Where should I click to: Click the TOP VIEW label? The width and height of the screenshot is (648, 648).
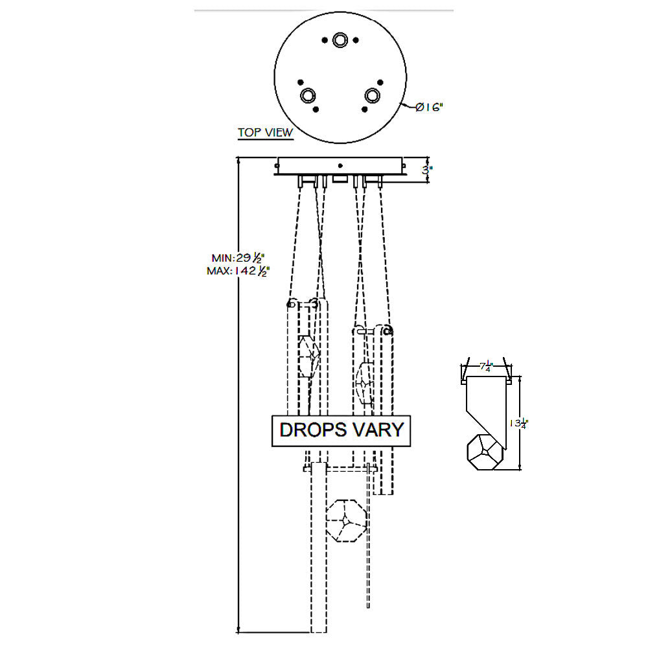pyautogui.click(x=265, y=132)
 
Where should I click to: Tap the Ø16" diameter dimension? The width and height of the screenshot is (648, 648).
pyautogui.click(x=429, y=107)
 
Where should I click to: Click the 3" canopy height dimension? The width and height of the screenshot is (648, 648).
pyautogui.click(x=427, y=170)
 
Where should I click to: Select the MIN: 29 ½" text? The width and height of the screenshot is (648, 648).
pyautogui.click(x=238, y=259)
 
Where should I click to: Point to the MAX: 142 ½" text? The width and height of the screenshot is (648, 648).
pyautogui.click(x=238, y=272)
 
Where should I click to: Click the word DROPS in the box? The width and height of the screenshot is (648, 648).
pyautogui.click(x=313, y=430)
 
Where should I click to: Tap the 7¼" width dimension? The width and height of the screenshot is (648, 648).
pyautogui.click(x=486, y=367)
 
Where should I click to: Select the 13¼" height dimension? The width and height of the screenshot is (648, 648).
pyautogui.click(x=518, y=423)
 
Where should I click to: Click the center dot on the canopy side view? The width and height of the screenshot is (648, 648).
pyautogui.click(x=340, y=166)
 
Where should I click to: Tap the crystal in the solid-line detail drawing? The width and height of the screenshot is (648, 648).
pyautogui.click(x=483, y=451)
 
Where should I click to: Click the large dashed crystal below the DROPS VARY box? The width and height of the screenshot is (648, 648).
pyautogui.click(x=346, y=521)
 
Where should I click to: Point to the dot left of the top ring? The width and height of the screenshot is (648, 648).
pyautogui.click(x=325, y=40)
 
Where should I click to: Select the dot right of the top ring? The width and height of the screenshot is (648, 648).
pyautogui.click(x=356, y=40)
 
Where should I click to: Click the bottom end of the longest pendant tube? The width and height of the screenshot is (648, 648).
pyautogui.click(x=319, y=632)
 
